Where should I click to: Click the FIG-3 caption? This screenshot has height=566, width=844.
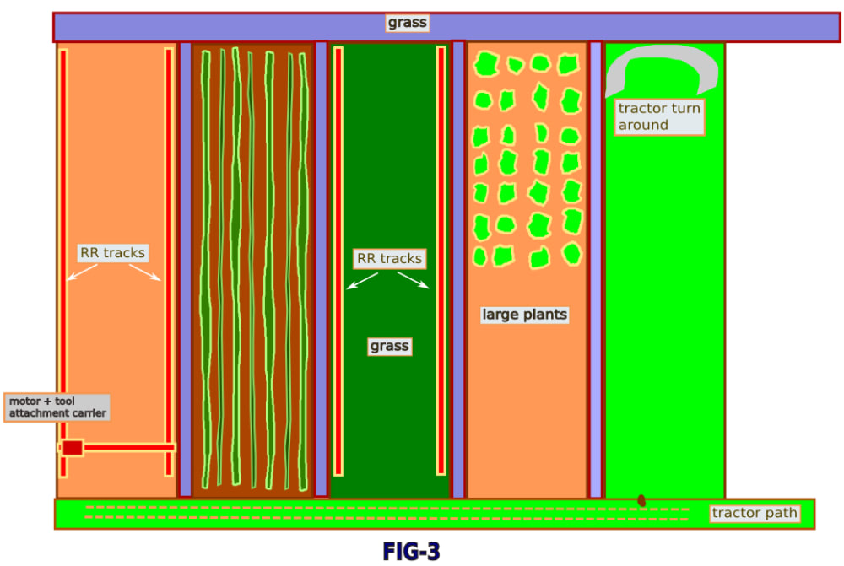411,551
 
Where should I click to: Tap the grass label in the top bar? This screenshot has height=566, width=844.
408,23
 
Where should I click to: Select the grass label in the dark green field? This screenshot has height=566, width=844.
389,346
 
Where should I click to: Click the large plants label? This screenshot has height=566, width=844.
525,315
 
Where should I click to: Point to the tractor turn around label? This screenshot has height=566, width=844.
659,116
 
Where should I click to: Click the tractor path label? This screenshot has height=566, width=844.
754,513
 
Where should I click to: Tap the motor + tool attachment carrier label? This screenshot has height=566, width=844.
57,407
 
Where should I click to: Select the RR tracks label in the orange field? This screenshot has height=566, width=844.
112,252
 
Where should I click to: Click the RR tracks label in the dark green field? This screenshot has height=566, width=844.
389,258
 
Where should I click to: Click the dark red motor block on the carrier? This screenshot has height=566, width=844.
73,447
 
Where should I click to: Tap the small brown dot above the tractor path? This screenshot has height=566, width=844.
641,500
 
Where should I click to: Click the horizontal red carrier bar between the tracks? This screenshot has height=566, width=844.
127,447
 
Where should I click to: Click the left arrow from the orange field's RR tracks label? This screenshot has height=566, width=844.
83,272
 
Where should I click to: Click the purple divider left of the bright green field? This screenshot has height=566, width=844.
595,270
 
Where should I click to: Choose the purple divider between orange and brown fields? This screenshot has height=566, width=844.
185,270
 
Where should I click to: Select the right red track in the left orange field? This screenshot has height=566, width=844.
169,253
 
